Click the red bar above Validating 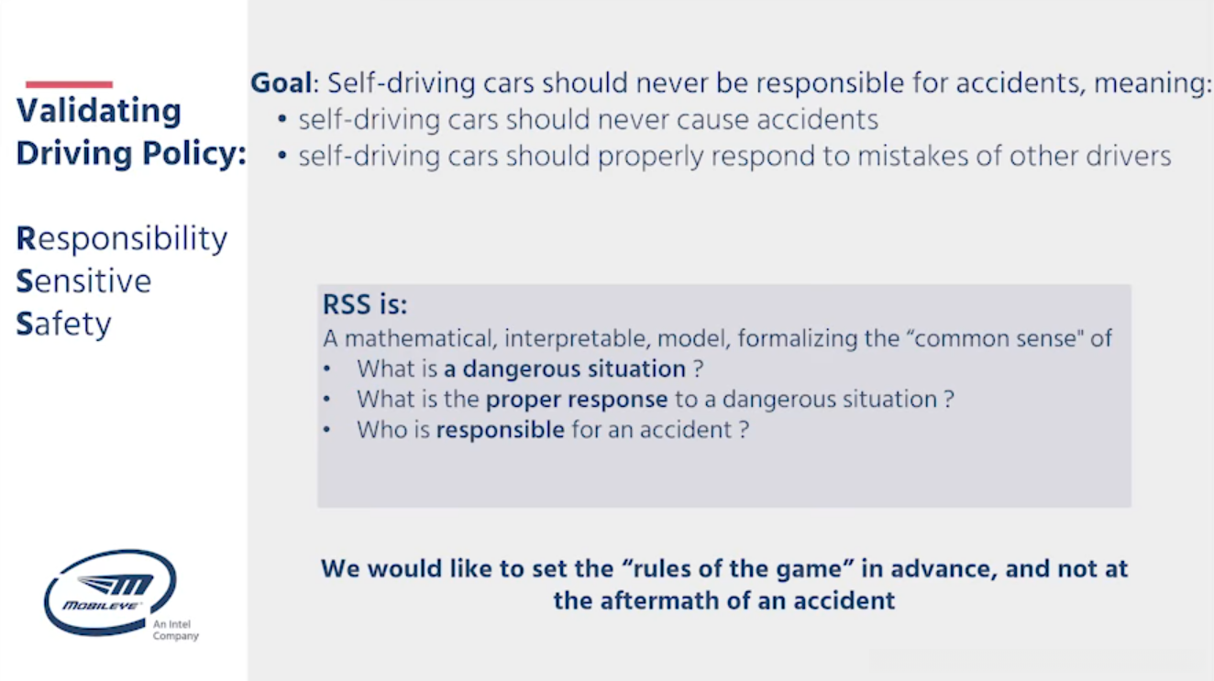click(x=69, y=84)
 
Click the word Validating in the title click(x=99, y=112)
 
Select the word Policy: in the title click(x=194, y=154)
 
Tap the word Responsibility click(x=121, y=238)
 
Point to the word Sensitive click(x=83, y=281)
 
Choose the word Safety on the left click(x=63, y=324)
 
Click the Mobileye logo click(x=111, y=593)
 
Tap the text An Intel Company click(x=176, y=630)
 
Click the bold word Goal click(x=281, y=83)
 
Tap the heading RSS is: click(x=365, y=304)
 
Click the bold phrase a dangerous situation click(x=565, y=369)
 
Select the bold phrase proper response click(x=577, y=400)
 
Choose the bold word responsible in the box click(x=501, y=430)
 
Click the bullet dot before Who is click(x=326, y=430)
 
